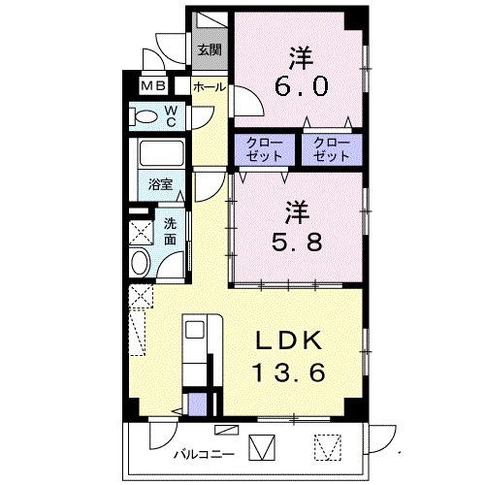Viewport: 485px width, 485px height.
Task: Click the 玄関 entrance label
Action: pyautogui.click(x=209, y=50)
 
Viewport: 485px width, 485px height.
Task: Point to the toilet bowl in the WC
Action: pyautogui.click(x=147, y=117)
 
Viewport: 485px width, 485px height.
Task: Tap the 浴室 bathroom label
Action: pyautogui.click(x=160, y=183)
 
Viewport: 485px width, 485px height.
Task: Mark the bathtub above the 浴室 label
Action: pyautogui.click(x=162, y=153)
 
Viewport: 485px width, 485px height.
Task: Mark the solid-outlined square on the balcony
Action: pyautogui.click(x=262, y=446)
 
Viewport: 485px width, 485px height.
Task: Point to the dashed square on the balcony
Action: pyautogui.click(x=327, y=446)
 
